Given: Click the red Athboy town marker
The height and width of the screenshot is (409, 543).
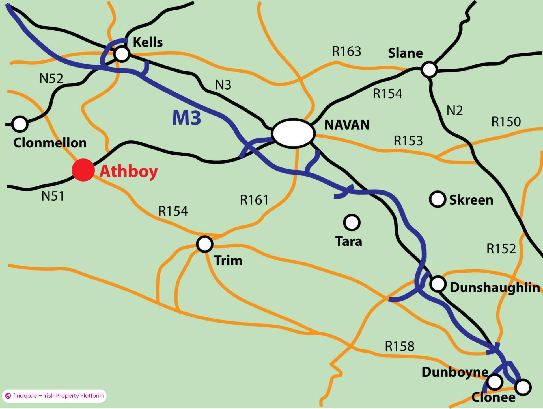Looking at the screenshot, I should tap(83, 170).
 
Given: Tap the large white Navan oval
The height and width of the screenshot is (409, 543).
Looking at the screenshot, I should tap(293, 133).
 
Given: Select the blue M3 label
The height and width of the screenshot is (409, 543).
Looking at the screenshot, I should tap(187, 118).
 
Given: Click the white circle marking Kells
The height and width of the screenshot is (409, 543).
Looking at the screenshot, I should tap(122, 54).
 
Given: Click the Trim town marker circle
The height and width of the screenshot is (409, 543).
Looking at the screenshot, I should tap(205, 244).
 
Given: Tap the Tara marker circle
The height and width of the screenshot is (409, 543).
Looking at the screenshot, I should tap(352, 222).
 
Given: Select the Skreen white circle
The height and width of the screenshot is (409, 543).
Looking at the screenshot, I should tap(438, 199).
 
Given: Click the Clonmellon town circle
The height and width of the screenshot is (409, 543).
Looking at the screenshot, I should tap(20, 124).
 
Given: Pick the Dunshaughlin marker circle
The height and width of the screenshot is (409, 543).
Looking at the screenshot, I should tap(438, 284).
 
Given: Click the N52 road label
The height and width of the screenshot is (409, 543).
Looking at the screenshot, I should tap(51, 79).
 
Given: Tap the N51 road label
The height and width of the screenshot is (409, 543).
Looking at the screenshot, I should tap(53, 196).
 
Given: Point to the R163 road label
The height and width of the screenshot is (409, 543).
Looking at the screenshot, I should tap(346, 51).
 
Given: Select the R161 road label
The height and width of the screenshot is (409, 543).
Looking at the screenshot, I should tap(254, 200).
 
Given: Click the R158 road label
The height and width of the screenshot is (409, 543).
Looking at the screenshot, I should tap(399, 346).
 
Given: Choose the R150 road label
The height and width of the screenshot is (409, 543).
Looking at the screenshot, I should tap(506, 122).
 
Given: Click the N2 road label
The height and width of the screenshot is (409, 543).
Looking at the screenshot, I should tap(454, 110).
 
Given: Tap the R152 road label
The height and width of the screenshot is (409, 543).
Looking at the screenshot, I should tap(501, 249).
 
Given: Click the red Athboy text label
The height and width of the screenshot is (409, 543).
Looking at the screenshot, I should tap(129, 171).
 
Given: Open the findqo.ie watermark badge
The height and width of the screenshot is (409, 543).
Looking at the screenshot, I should tap(54, 396).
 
